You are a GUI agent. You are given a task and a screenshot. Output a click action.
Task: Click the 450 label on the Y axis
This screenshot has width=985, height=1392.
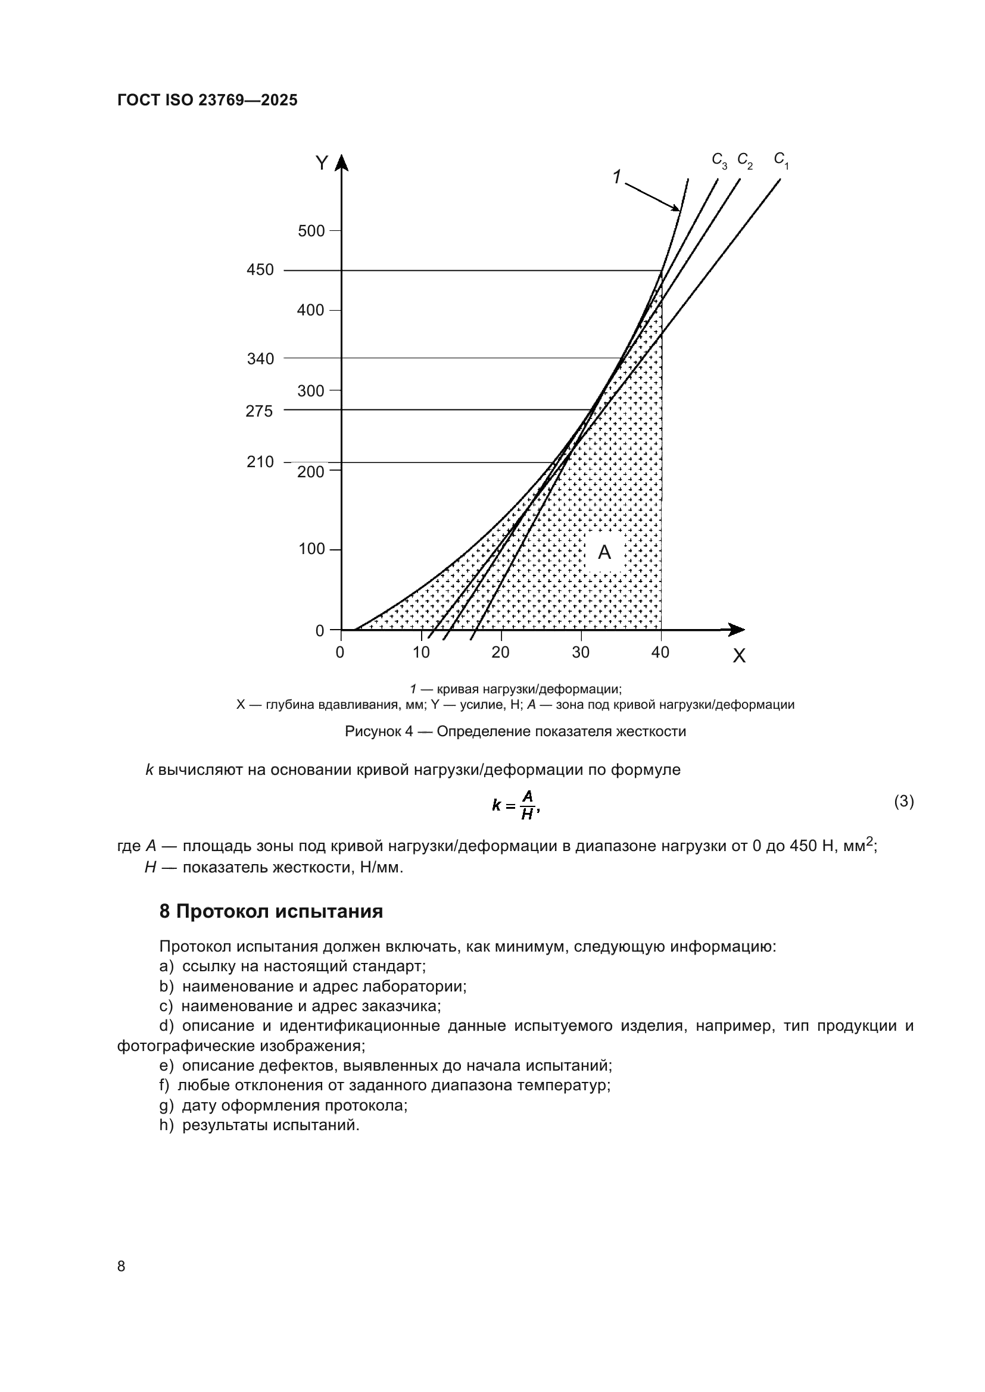tap(260, 270)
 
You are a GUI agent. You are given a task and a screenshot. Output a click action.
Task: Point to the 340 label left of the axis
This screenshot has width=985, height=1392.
tap(260, 359)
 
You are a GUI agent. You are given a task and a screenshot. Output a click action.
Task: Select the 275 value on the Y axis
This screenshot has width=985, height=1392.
tap(259, 411)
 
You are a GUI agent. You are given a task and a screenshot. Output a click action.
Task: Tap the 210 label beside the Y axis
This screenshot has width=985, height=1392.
tap(260, 462)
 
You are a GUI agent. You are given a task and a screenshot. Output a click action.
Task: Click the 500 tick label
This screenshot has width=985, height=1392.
tap(311, 231)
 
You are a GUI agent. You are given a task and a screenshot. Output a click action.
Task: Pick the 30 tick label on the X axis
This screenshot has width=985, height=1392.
tap(581, 652)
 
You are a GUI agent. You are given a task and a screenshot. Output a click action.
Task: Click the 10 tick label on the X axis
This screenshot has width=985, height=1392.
tap(421, 652)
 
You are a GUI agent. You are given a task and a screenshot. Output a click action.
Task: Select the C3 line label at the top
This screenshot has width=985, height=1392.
tap(719, 160)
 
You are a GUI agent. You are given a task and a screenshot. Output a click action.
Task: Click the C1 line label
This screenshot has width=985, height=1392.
tap(781, 160)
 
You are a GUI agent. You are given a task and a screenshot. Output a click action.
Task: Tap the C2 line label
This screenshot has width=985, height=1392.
tap(745, 160)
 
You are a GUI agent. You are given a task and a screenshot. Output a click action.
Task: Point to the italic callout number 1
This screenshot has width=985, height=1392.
tap(617, 177)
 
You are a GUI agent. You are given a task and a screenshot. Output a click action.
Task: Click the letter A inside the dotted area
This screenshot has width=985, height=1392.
tap(604, 552)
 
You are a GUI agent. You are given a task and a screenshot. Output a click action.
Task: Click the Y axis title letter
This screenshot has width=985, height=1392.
tap(322, 163)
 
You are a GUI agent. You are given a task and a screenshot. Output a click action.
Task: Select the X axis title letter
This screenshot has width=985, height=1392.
tap(738, 656)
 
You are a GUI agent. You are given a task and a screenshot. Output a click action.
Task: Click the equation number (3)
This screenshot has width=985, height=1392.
tap(904, 802)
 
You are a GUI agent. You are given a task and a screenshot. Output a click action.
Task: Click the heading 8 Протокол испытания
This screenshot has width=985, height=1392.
tap(271, 911)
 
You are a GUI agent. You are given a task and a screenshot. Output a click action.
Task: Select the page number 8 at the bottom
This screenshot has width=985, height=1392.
tap(121, 1266)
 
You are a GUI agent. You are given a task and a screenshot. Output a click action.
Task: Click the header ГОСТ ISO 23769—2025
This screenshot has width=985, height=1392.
tap(207, 100)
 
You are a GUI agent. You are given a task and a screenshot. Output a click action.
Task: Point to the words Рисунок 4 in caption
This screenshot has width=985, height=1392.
tap(379, 731)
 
